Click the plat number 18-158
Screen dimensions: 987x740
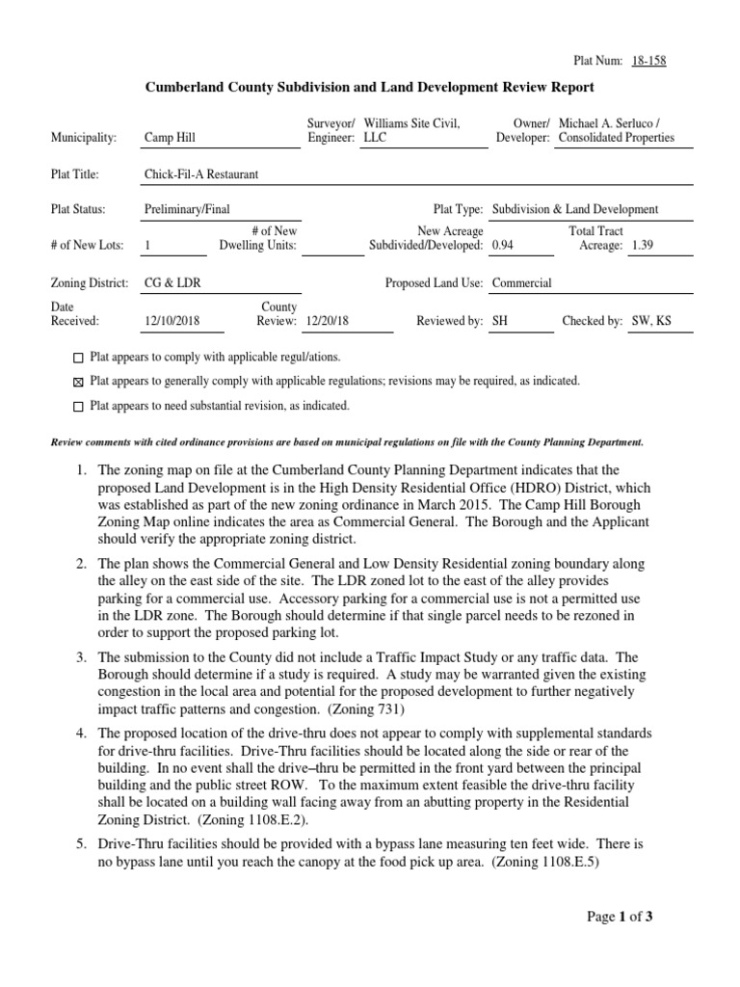(x=648, y=61)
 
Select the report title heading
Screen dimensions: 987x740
(x=369, y=88)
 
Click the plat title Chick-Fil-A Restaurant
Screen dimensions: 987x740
(x=200, y=174)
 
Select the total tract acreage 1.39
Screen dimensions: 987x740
(x=643, y=246)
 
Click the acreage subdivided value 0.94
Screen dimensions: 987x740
(x=502, y=246)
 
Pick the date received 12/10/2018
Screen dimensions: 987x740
(x=171, y=321)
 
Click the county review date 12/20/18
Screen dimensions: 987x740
(x=327, y=321)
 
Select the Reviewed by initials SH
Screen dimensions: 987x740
(x=499, y=321)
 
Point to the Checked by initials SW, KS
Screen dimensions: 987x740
(x=650, y=321)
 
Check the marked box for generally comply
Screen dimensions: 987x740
(x=78, y=382)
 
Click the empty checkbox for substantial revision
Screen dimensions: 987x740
(x=78, y=407)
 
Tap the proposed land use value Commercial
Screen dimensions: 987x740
(x=521, y=283)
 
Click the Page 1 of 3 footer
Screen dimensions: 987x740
(x=621, y=917)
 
